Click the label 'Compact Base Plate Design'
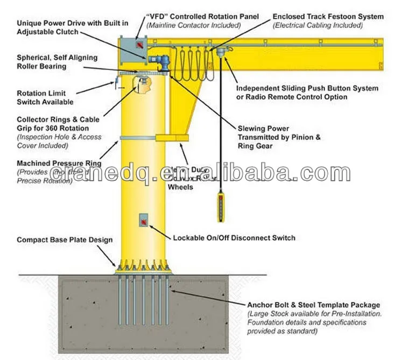[x=65, y=239]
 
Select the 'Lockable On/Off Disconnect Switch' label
[x=234, y=237]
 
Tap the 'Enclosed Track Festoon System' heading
[x=328, y=17]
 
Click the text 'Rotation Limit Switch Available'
[x=45, y=97]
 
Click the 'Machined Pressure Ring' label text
[x=59, y=163]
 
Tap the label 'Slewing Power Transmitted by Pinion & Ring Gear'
[x=279, y=137]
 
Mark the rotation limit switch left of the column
[x=115, y=82]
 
